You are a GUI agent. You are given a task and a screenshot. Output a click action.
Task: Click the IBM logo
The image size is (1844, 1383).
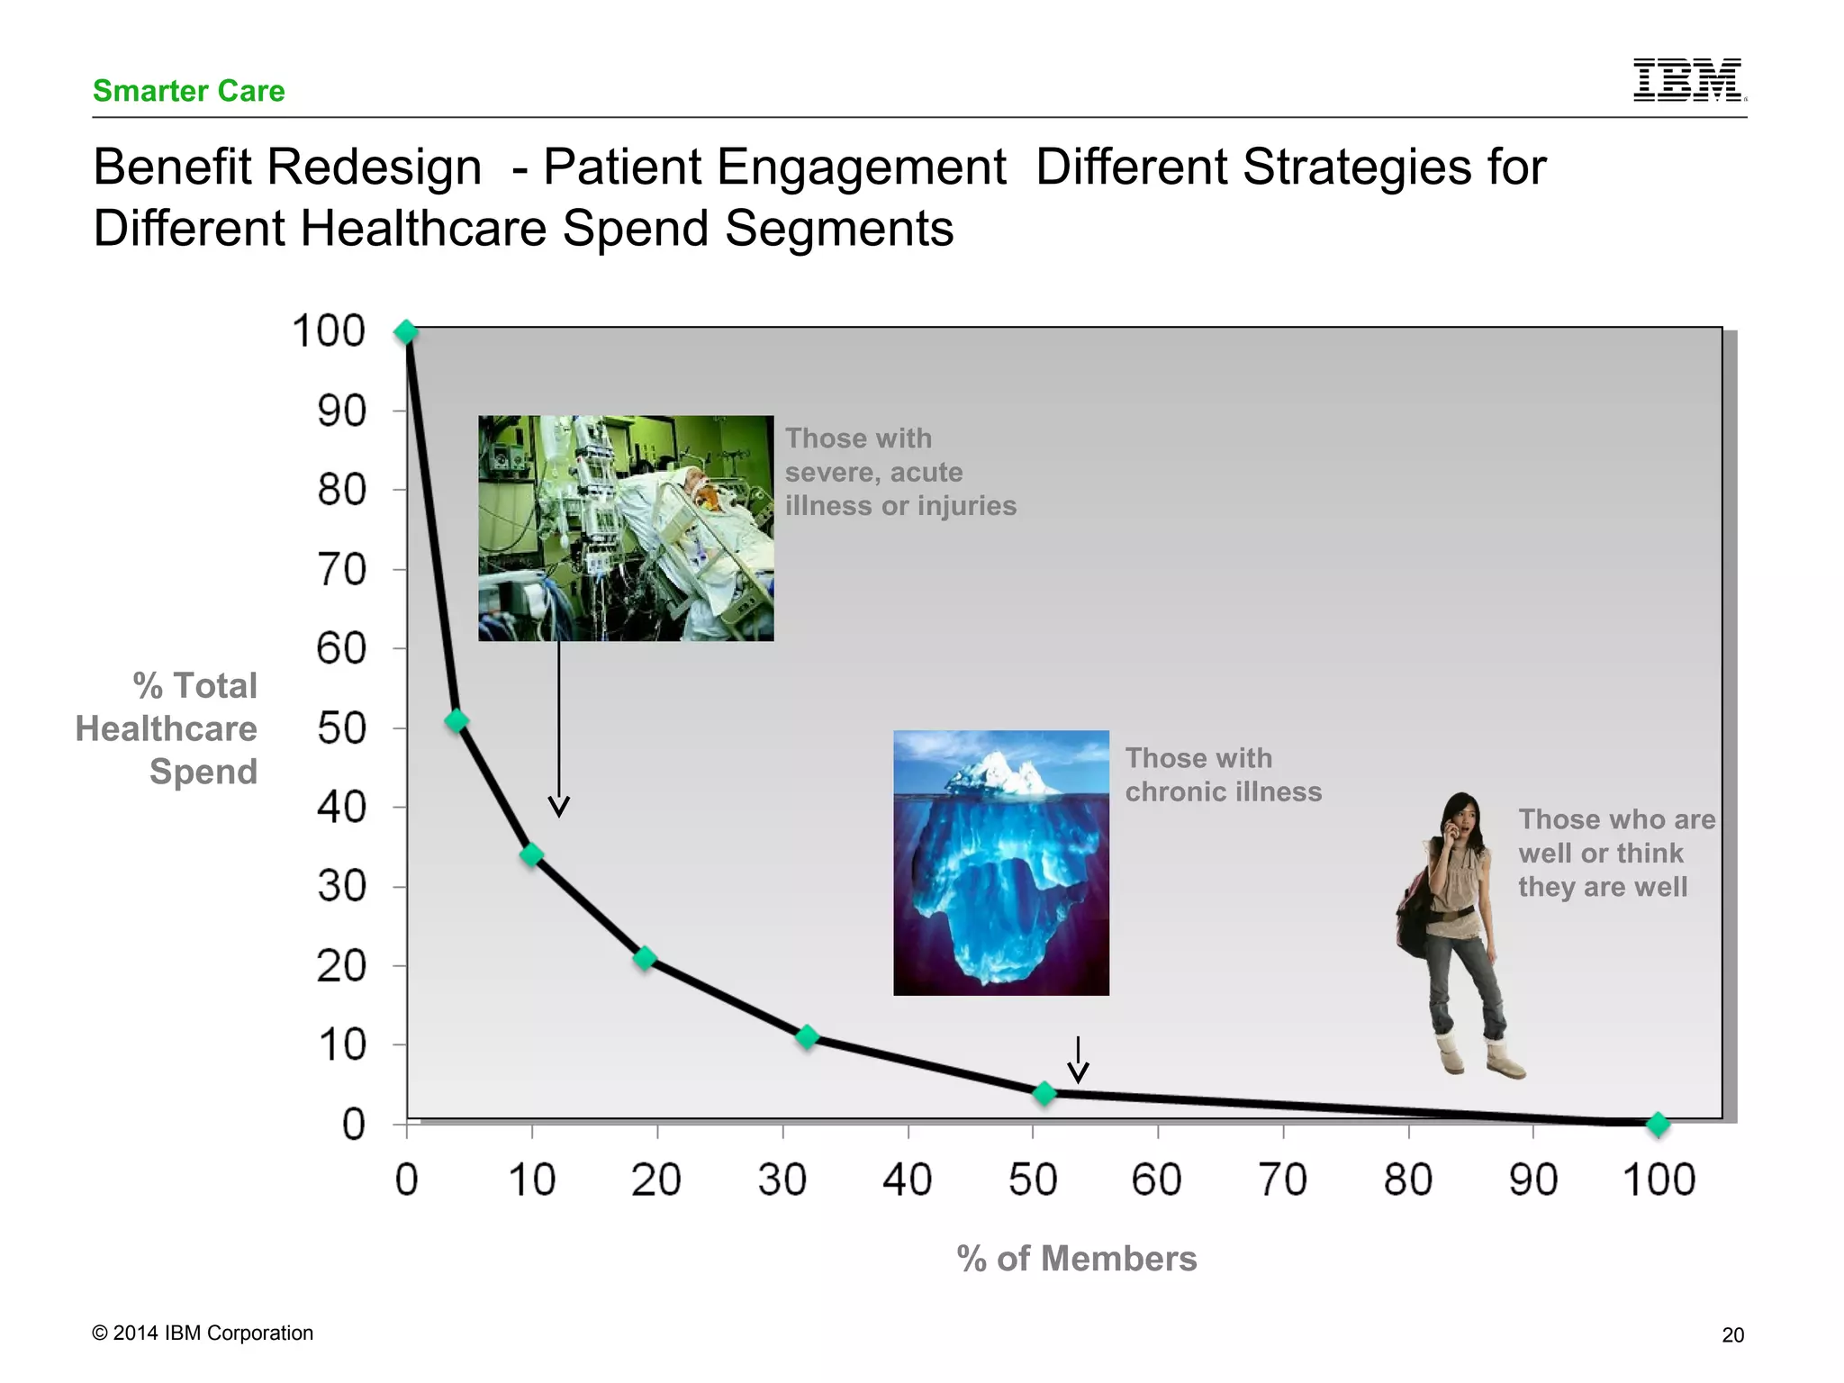(1687, 79)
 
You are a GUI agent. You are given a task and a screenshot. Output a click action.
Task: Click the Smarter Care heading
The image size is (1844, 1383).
(188, 91)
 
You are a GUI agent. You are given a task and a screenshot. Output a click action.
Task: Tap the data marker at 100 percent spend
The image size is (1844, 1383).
(406, 332)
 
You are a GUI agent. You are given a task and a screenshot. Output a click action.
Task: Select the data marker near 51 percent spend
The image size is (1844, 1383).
(456, 720)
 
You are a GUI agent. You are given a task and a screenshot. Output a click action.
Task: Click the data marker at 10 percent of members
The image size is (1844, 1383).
(531, 854)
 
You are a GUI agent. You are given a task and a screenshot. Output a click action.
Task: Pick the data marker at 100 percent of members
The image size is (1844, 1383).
(1658, 1124)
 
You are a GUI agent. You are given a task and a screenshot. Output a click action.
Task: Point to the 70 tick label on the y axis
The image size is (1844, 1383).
(341, 570)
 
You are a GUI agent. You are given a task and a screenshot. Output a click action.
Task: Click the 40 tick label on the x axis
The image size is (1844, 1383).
(907, 1180)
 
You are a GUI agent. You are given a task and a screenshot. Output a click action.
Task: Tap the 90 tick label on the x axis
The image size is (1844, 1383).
(1532, 1180)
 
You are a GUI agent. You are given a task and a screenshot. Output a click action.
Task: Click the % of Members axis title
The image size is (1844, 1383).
(1076, 1259)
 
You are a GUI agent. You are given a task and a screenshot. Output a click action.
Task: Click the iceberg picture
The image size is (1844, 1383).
(1000, 863)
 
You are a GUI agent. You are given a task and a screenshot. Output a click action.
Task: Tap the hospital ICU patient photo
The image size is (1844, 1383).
(626, 528)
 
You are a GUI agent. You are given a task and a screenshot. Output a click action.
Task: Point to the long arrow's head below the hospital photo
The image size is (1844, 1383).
(559, 807)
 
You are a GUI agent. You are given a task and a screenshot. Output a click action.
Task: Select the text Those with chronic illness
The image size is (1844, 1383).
(1223, 774)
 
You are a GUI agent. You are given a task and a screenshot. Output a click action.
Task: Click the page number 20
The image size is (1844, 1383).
(1732, 1335)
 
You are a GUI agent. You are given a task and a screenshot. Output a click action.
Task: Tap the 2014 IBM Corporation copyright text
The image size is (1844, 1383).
(203, 1333)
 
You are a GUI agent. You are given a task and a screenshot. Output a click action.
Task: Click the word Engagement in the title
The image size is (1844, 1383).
(774, 167)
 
